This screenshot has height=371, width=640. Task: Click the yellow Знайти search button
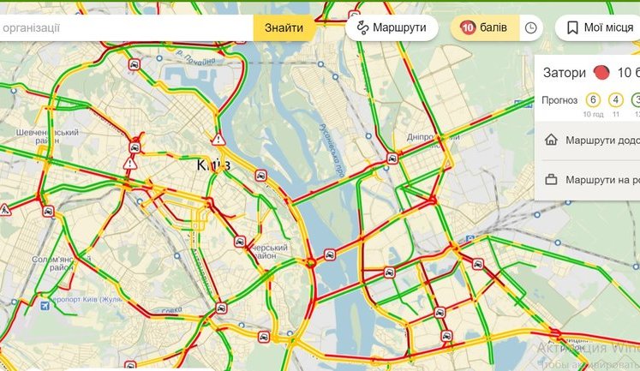point(284,28)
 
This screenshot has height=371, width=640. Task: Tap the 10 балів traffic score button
point(484,28)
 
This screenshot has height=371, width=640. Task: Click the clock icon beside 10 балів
point(530,28)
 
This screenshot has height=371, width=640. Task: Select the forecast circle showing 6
point(593,99)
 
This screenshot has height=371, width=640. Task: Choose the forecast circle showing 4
point(615,99)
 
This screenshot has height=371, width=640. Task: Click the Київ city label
point(212,165)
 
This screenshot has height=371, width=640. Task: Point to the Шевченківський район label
point(47,137)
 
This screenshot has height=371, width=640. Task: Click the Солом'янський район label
point(53,262)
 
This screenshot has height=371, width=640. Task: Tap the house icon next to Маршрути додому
point(551,140)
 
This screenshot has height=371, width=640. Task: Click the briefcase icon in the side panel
point(551,180)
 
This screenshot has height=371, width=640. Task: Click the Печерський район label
point(272,248)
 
